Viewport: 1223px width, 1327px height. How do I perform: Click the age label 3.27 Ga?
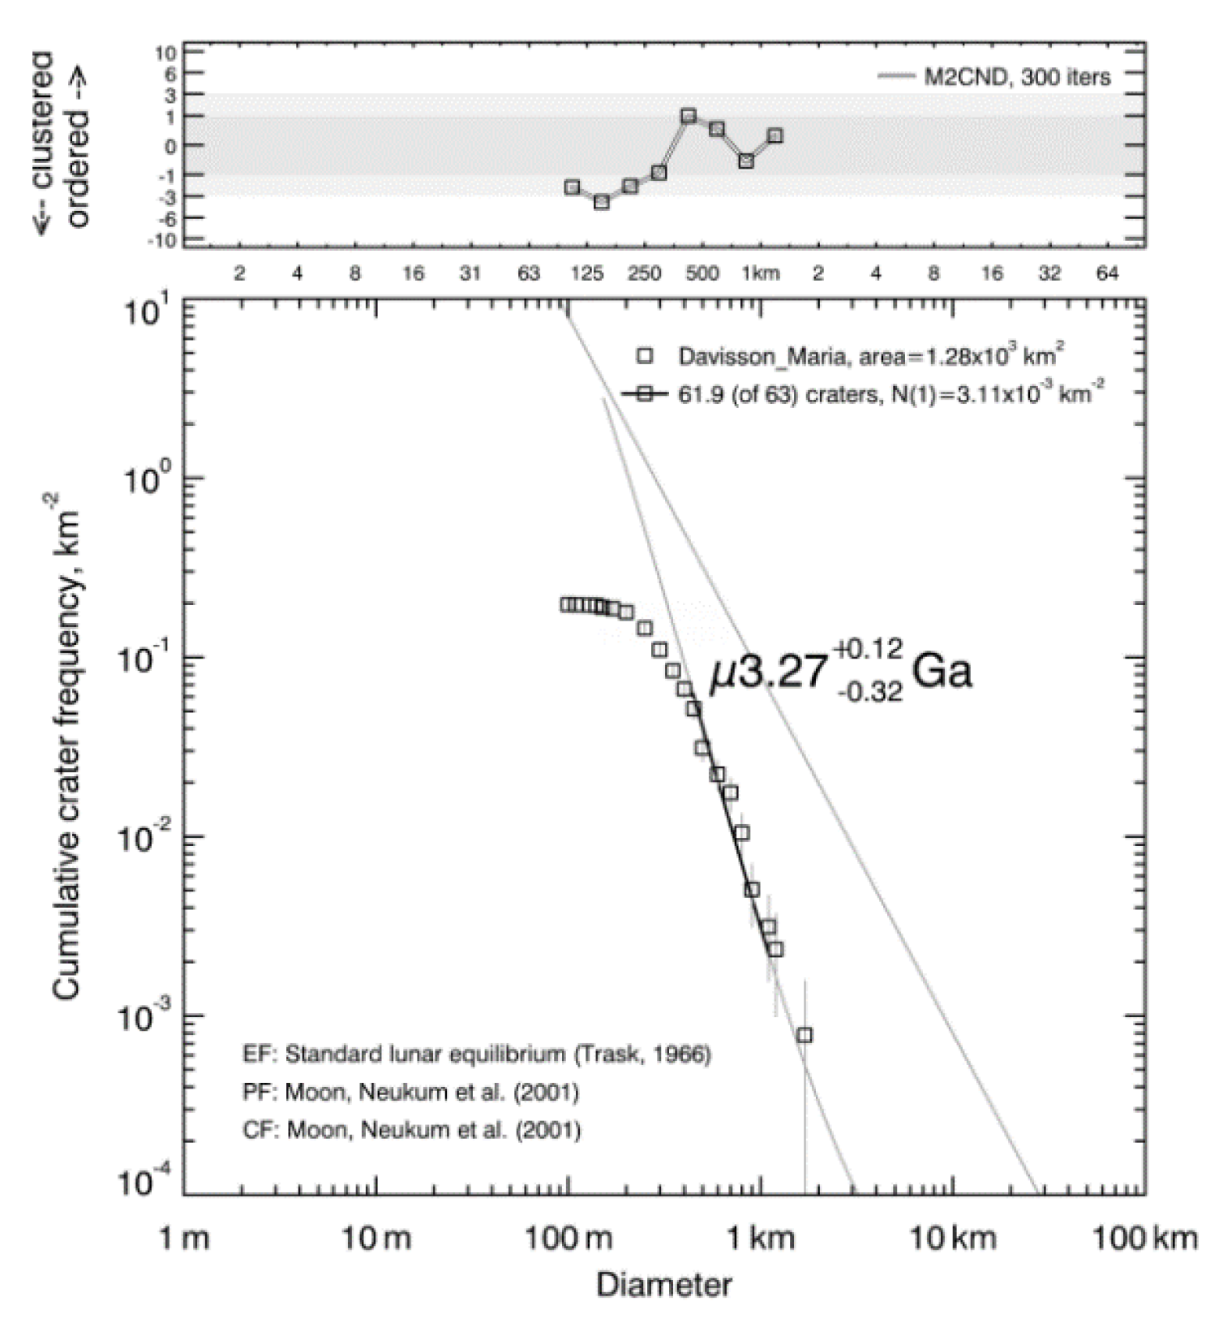pos(839,673)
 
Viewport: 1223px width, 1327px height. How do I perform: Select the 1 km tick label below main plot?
pos(760,1239)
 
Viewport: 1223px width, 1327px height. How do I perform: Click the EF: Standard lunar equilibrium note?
pos(477,1054)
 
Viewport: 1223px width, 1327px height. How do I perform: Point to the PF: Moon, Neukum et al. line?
pos(411,1093)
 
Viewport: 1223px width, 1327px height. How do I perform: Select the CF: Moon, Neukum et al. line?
pos(411,1130)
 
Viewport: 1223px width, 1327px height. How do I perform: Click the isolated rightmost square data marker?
pos(805,1035)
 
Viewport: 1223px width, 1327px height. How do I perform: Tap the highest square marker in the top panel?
pos(689,116)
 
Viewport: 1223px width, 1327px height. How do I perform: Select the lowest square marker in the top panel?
pos(601,202)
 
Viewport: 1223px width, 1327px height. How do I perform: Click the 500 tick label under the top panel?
pos(702,273)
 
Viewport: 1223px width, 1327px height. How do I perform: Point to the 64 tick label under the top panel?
pos(1107,273)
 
